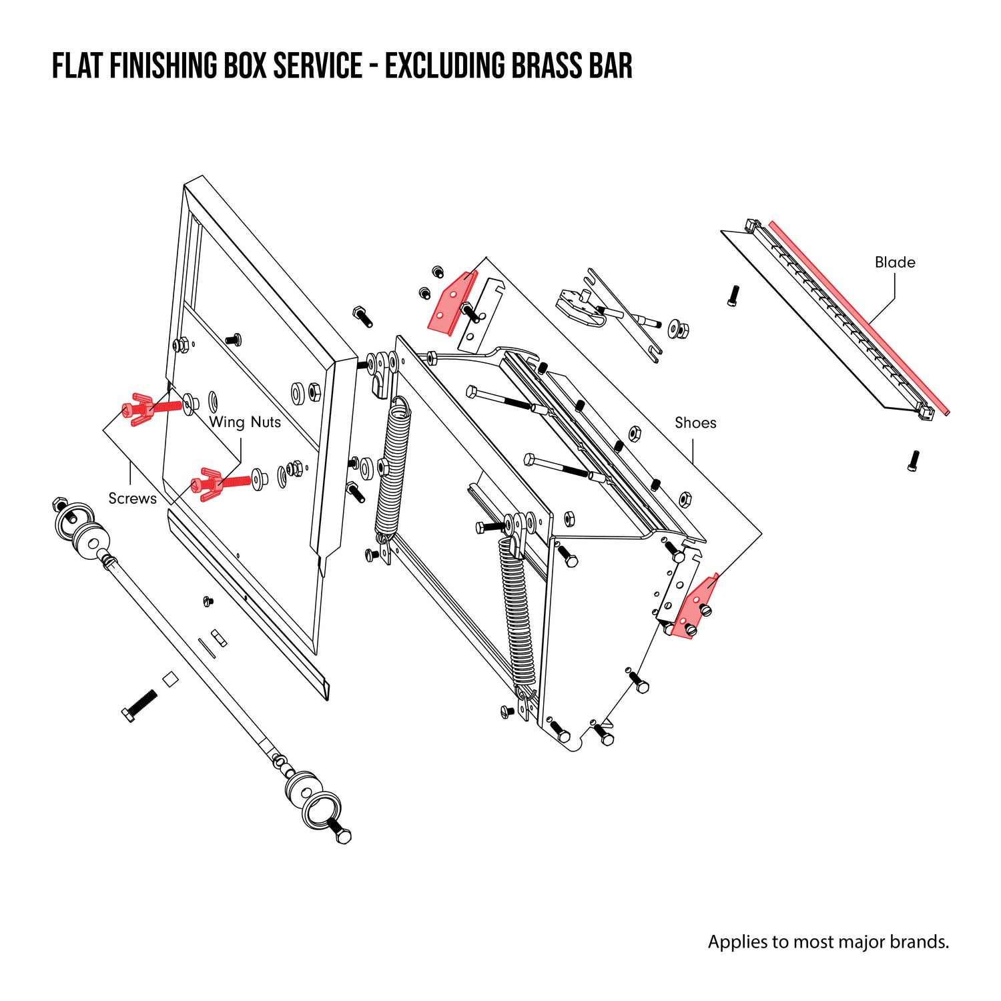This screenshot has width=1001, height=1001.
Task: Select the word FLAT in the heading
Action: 76,66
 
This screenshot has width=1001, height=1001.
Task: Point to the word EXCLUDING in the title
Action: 444,66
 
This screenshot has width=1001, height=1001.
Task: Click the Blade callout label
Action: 895,262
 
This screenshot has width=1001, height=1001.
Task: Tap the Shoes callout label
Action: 695,422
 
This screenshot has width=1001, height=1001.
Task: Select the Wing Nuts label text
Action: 245,422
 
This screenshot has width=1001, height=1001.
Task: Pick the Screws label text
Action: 132,498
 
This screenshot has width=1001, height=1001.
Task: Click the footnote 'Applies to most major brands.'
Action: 828,942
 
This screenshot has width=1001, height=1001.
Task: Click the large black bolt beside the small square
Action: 139,705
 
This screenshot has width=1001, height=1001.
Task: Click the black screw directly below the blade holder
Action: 914,460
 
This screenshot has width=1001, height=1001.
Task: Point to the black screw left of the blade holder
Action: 733,295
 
